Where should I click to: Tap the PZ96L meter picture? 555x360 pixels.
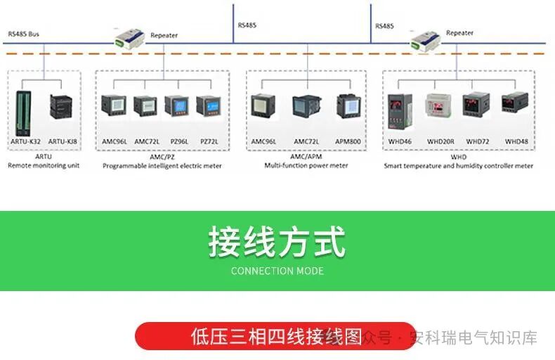(176, 106)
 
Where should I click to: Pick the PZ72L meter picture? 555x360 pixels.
(209, 106)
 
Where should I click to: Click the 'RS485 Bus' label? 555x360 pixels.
(24, 34)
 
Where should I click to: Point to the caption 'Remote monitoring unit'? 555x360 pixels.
(44, 166)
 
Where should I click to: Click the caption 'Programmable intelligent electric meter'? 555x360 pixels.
(162, 166)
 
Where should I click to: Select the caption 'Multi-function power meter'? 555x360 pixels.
(306, 166)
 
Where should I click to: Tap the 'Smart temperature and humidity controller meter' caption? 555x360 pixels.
(458, 166)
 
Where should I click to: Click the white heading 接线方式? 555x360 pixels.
(277, 243)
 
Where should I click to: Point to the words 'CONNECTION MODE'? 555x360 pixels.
(277, 271)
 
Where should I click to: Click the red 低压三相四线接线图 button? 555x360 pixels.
(274, 336)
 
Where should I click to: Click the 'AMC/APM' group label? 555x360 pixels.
(306, 157)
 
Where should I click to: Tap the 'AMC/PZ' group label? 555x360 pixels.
(162, 157)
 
